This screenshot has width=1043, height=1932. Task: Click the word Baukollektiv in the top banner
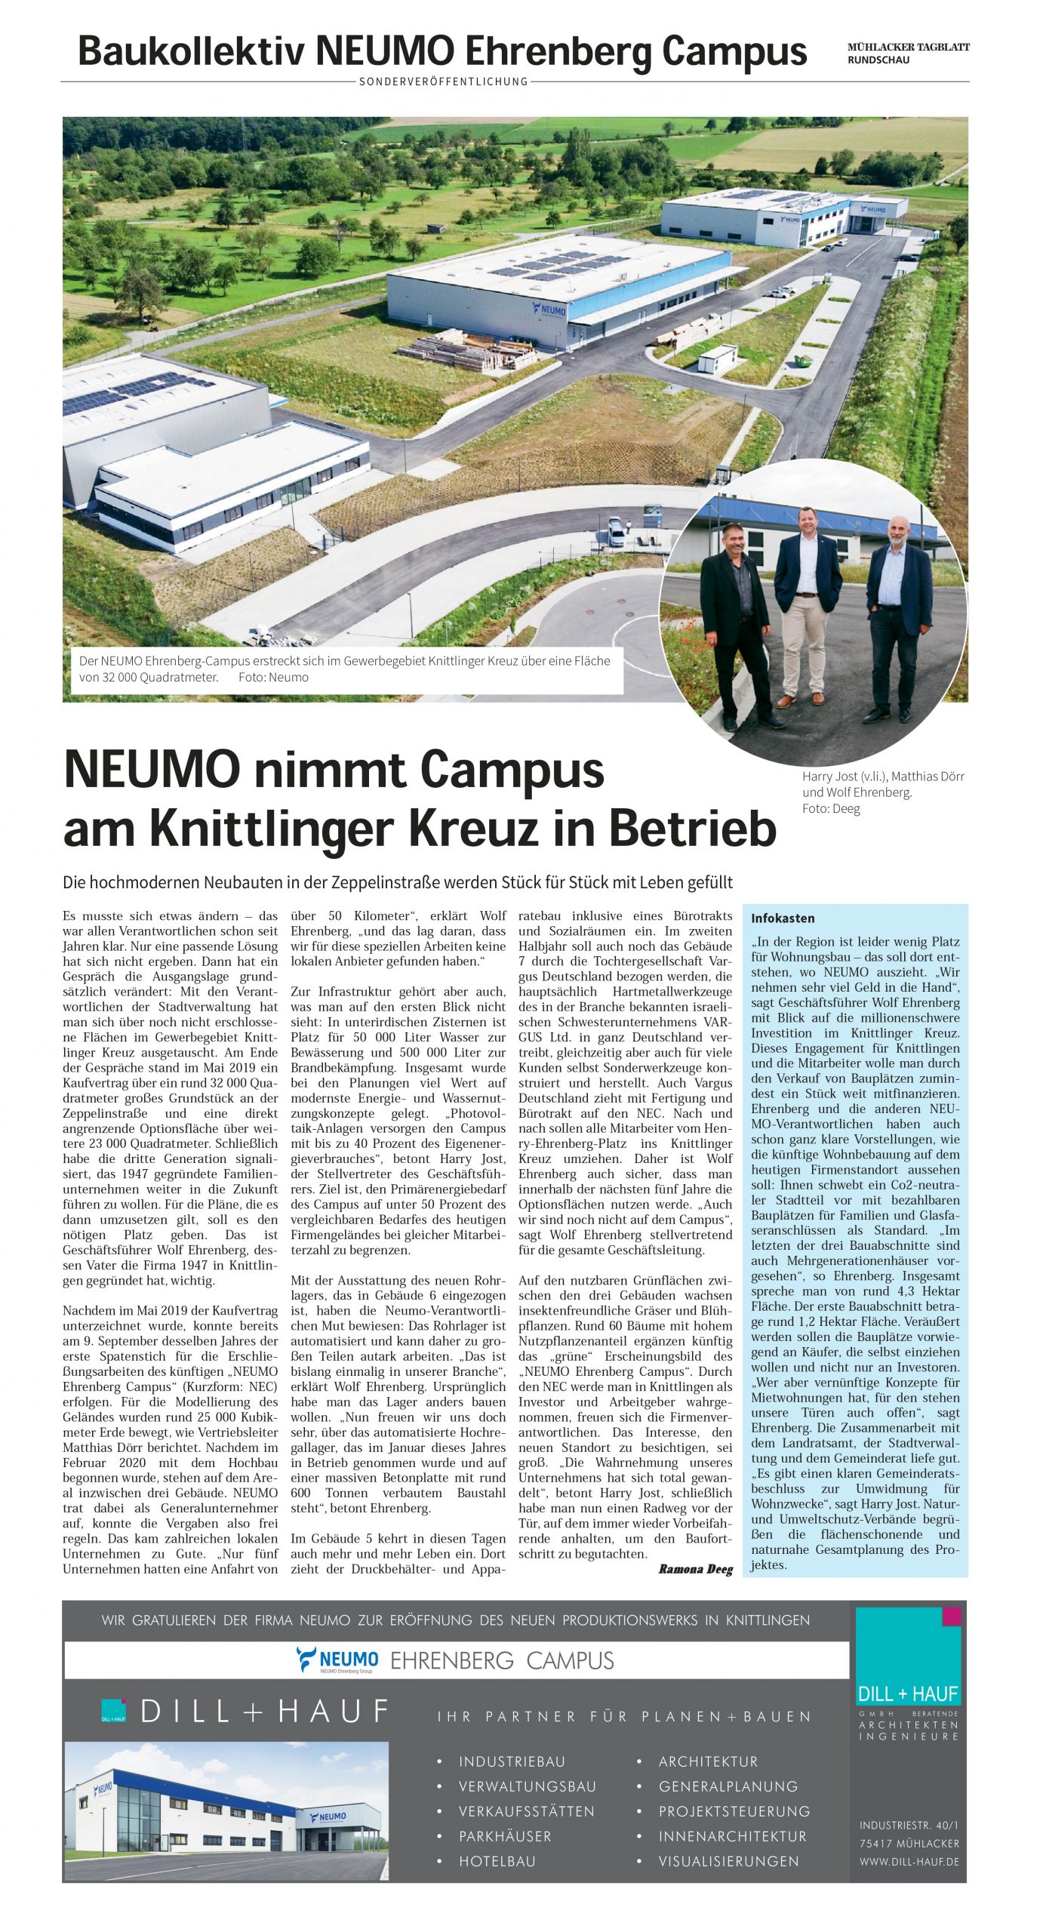point(192,51)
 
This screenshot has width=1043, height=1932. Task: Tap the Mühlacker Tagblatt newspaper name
point(908,47)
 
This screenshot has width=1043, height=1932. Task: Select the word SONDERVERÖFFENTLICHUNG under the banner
point(443,82)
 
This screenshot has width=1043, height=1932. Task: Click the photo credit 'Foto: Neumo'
point(273,677)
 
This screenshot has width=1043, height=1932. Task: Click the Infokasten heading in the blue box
point(783,918)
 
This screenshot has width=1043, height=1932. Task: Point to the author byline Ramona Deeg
point(695,1570)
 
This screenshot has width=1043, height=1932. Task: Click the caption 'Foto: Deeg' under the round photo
point(831,808)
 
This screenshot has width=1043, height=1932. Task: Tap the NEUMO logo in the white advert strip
point(337,1660)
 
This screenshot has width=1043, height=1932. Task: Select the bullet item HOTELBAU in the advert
point(497,1861)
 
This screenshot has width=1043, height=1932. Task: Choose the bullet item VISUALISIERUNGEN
point(728,1861)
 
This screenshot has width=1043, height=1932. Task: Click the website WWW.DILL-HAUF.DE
point(909,1862)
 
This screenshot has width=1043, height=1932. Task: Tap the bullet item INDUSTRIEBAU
point(512,1761)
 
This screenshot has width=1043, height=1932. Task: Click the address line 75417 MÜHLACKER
point(909,1843)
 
